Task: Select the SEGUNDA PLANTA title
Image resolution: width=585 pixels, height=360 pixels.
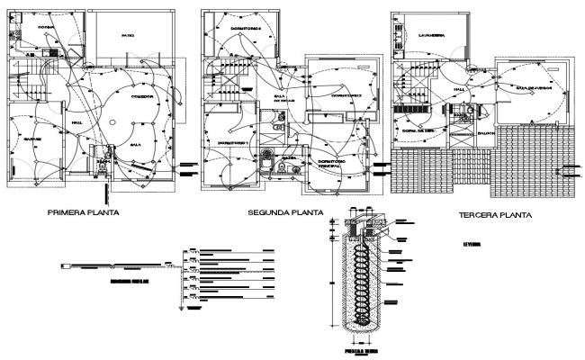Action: pos(286,213)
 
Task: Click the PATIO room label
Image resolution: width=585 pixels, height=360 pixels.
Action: pos(128,35)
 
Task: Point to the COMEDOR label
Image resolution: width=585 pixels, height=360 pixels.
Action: pos(142,95)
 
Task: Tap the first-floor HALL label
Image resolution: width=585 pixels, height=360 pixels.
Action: pos(76,122)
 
